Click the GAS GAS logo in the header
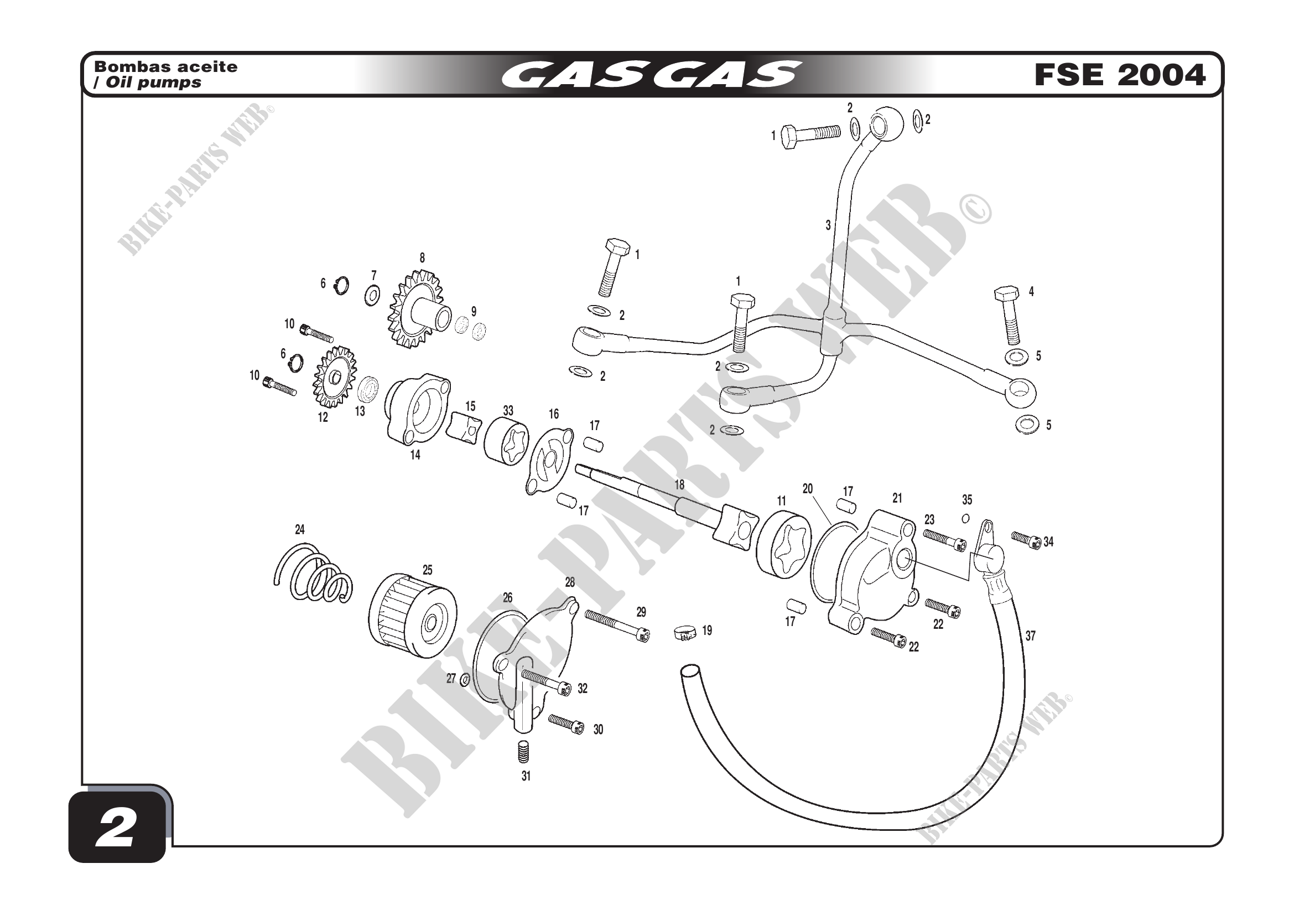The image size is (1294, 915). (x=651, y=75)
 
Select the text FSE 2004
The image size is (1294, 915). (x=1119, y=75)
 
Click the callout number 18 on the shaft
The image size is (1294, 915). (x=679, y=484)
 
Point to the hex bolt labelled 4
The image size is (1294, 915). (x=1009, y=315)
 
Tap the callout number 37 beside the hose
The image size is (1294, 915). (x=1030, y=636)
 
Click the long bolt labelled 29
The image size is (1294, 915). (x=617, y=626)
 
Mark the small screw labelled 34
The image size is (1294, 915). (x=1026, y=540)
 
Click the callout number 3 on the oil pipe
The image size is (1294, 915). (x=828, y=225)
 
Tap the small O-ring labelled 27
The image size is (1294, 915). (x=465, y=680)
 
